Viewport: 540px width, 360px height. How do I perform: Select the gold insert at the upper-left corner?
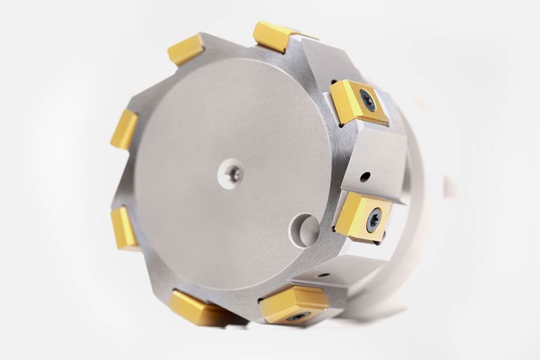click(186, 49)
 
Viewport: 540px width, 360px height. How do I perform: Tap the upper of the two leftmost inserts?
click(125, 128)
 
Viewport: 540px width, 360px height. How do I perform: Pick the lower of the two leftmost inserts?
click(126, 226)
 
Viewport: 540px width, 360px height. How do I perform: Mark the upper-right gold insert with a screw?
click(358, 101)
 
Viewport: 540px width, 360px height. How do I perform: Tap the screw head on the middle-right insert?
click(373, 218)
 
